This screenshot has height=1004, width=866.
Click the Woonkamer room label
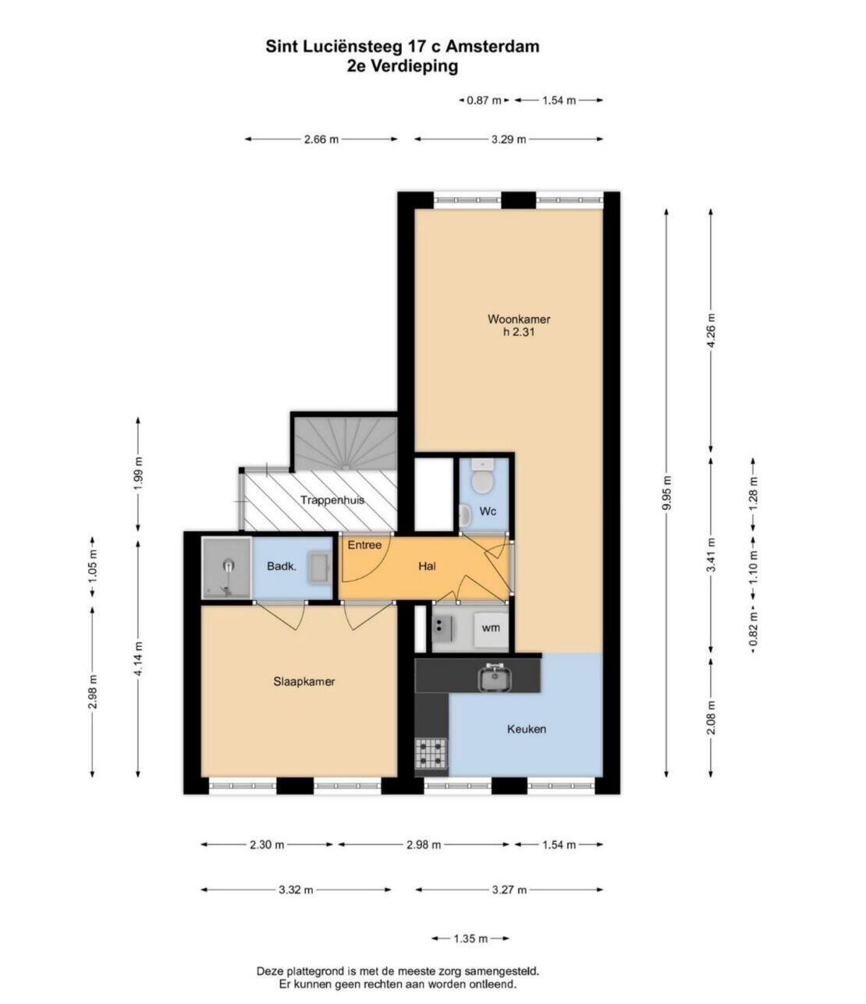pos(518,319)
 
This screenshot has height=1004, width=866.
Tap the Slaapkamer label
pos(304,681)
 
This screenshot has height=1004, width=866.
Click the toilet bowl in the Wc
pos(482,478)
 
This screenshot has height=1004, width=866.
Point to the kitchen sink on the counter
pos(495,677)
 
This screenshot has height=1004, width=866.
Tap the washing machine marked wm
pos(491,627)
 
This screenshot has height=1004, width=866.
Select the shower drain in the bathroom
pos(229,565)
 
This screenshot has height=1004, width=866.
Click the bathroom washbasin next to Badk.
pos(319,567)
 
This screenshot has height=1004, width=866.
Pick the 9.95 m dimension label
pos(666,492)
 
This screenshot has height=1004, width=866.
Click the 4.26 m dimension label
pos(711,331)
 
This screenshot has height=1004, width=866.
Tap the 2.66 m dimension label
pos(321,140)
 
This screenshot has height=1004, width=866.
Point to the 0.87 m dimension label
pos(484,101)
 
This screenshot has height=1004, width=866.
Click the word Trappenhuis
pos(332,500)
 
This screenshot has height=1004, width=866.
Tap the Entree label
pos(364,545)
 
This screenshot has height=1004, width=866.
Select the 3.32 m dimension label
pos(296,890)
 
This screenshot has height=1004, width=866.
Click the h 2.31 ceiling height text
pos(518,332)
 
